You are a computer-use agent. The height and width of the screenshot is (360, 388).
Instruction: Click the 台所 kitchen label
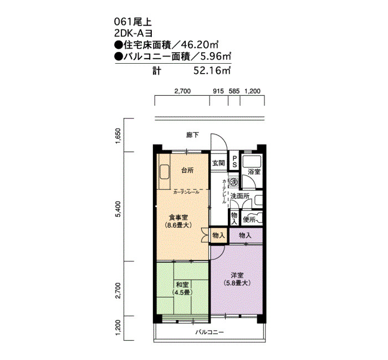[187, 171]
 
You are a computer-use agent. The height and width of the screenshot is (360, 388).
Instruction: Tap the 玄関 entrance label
[218, 163]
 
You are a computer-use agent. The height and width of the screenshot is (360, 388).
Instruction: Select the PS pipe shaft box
[234, 161]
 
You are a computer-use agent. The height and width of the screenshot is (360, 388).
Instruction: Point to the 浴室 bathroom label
[254, 172]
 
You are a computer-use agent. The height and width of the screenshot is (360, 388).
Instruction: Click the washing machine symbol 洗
[233, 182]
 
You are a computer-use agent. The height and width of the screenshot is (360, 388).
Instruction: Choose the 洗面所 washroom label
[240, 196]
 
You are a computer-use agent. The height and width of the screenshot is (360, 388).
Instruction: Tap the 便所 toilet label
[249, 219]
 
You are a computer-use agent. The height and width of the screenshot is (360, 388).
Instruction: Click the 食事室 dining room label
[178, 218]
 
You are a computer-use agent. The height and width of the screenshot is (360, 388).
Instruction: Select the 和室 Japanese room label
[182, 285]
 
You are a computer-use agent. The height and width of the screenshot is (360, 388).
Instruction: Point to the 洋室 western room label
[237, 275]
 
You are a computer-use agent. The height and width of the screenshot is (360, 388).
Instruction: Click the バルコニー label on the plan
[210, 332]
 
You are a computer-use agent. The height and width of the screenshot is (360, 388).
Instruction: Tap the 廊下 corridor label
[192, 135]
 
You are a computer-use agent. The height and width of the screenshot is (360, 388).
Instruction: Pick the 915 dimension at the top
[218, 91]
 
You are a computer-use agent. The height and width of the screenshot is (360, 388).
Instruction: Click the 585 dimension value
[234, 91]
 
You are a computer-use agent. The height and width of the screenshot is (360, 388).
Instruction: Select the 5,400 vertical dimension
[118, 209]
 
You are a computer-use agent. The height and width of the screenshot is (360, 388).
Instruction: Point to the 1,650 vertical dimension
[118, 136]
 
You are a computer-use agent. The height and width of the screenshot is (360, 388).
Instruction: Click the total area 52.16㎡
[212, 71]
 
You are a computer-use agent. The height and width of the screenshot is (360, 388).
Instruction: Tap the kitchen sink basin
[164, 172]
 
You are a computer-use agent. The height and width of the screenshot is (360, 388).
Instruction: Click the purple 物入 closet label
[245, 235]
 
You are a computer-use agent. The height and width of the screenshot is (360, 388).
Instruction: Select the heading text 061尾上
[132, 22]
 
